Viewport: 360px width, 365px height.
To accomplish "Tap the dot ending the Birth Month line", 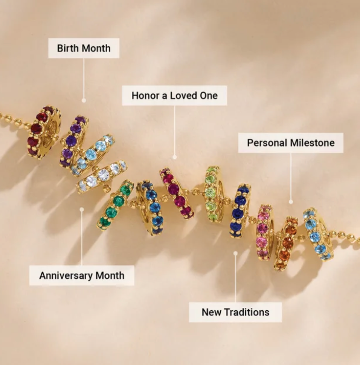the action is click(84, 100).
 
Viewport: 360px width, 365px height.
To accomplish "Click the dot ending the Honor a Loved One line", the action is click(174, 157).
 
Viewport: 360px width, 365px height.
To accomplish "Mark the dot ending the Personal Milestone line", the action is click(291, 202).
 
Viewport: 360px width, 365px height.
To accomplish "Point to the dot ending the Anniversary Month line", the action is click(82, 210).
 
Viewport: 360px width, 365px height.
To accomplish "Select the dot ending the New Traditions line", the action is click(235, 253).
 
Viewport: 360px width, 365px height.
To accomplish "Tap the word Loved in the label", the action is click(184, 95).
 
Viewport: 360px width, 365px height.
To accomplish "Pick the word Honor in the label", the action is click(145, 95).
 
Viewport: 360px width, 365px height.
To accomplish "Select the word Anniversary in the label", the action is click(66, 275).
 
